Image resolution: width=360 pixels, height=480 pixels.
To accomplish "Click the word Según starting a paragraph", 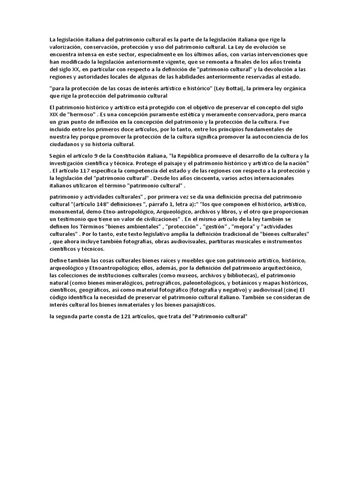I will [58, 156].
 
